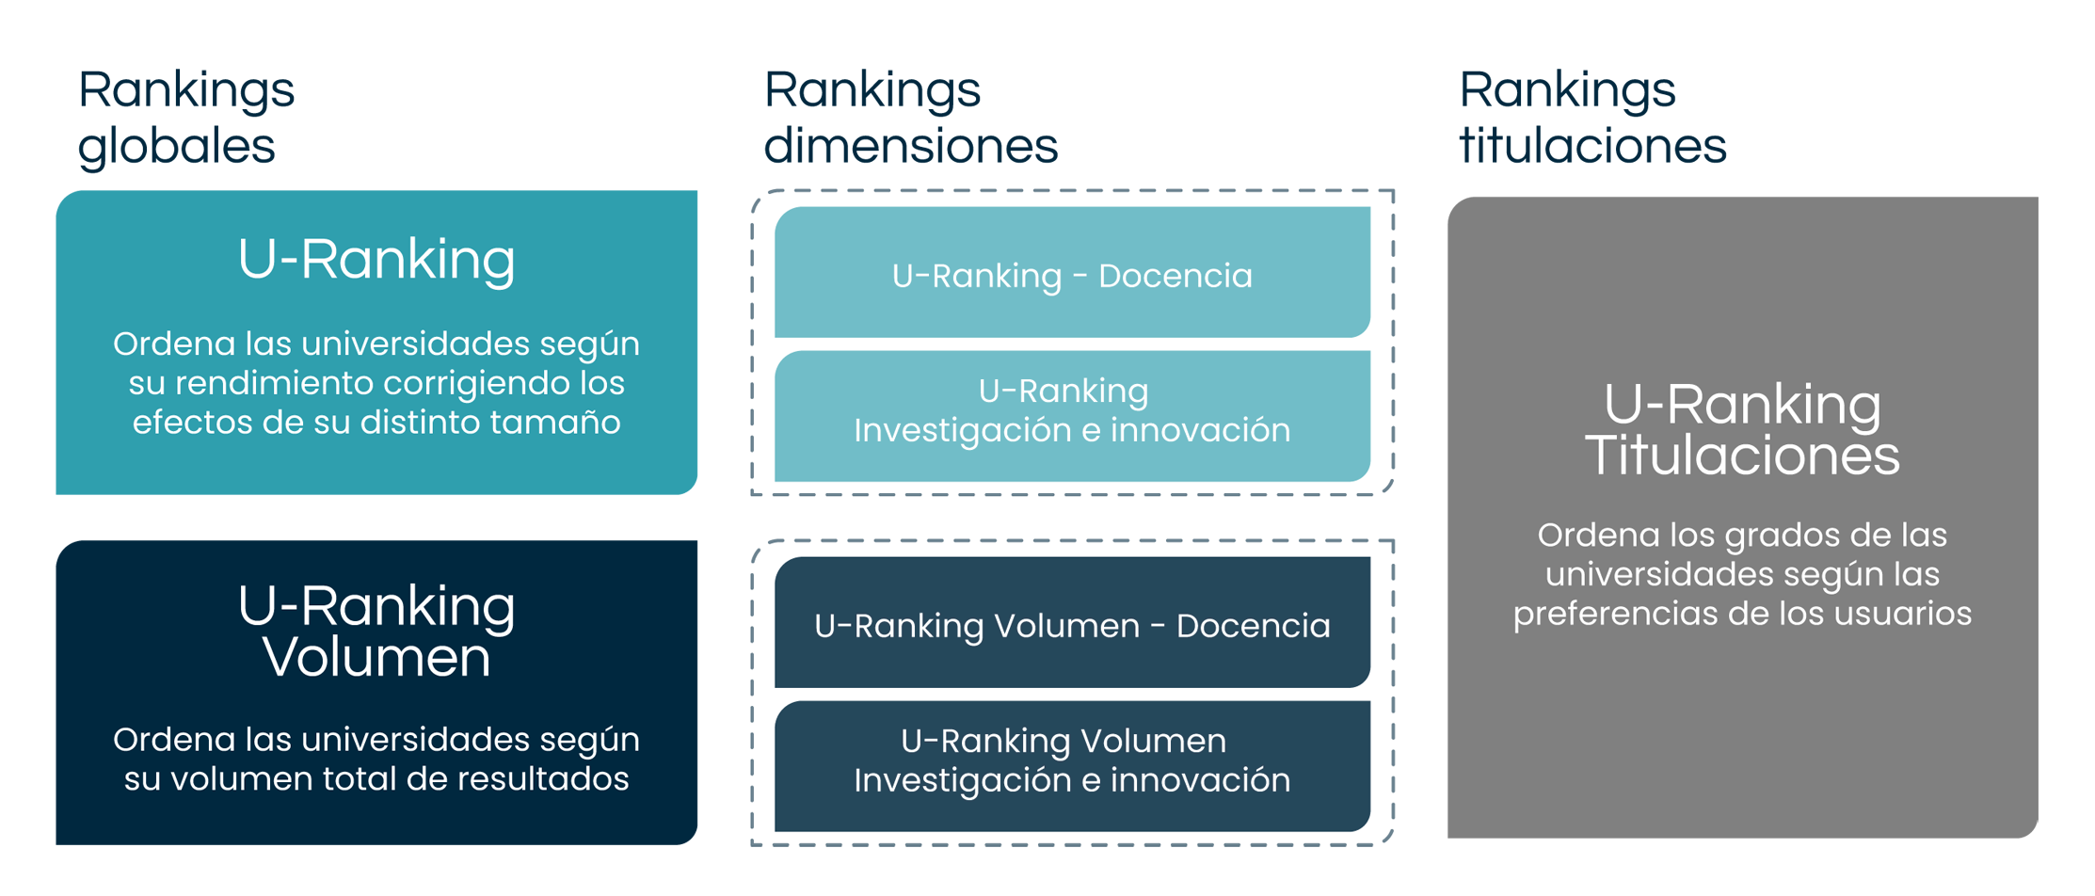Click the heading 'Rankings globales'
(186, 118)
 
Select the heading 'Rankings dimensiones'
(911, 118)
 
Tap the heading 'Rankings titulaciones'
(1592, 118)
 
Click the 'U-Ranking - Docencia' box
(1072, 272)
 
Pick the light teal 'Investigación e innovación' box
(1072, 416)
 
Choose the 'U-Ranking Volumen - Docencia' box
(1072, 622)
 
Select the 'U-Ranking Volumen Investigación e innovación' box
(1072, 766)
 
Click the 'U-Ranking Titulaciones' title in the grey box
(1742, 430)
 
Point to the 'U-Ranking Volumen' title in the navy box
(376, 632)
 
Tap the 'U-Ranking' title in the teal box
(376, 260)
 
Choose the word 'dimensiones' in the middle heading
(911, 146)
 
